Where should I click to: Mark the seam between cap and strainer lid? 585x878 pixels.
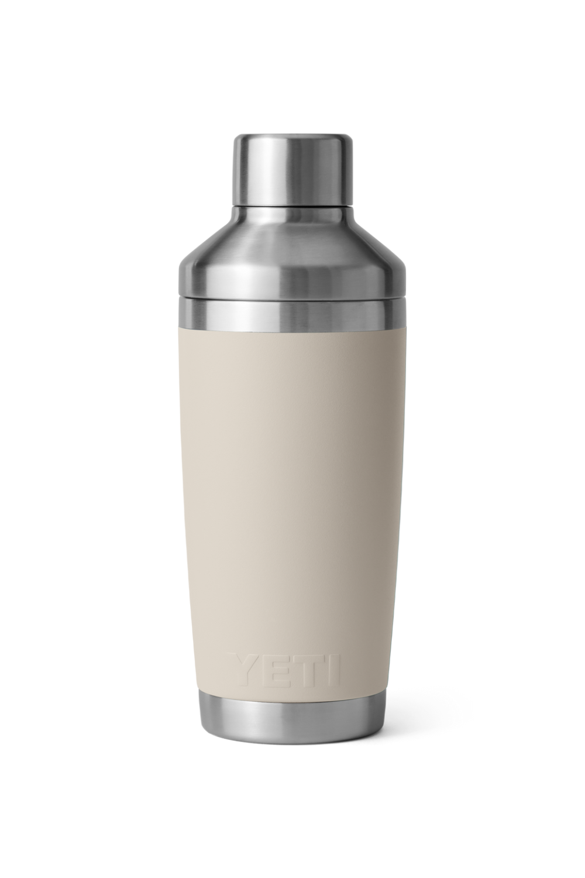[x=292, y=205]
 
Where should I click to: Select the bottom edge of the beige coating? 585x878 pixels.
[x=292, y=692]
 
